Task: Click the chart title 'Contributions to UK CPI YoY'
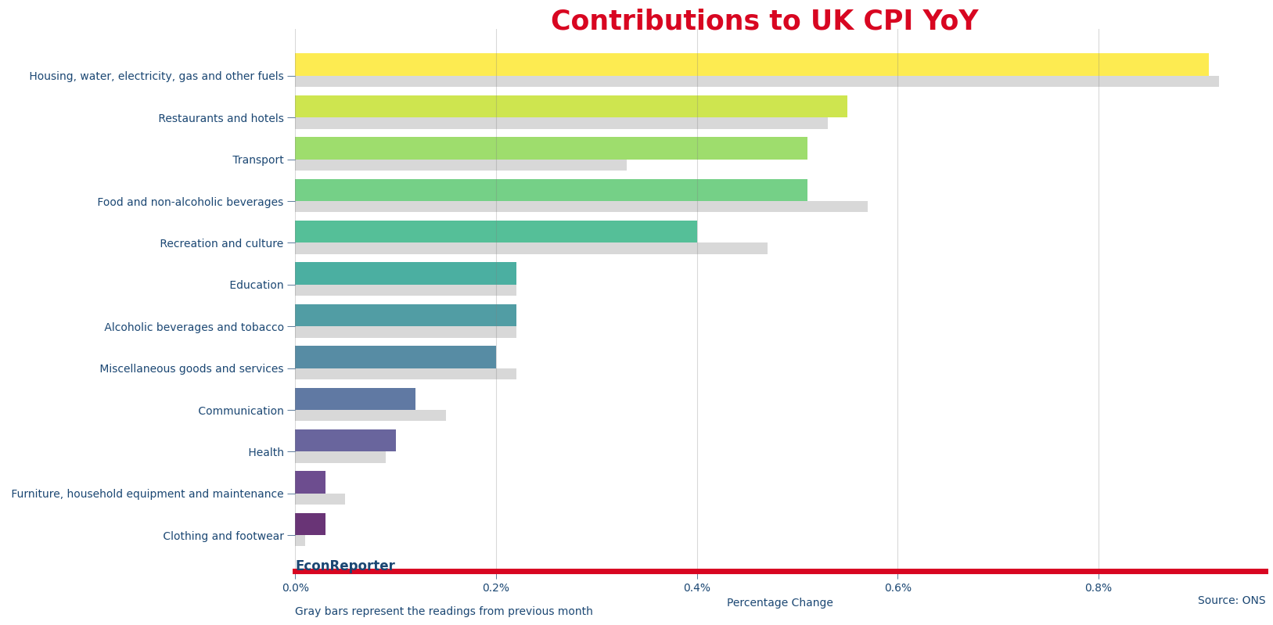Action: point(764,21)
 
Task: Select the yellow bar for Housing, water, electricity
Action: point(751,64)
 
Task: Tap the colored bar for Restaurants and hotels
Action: point(570,106)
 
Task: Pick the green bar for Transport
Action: point(551,148)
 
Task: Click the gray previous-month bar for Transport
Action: point(460,165)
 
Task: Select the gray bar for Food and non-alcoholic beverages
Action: point(581,207)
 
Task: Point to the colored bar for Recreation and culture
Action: point(495,232)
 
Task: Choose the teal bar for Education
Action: point(405,273)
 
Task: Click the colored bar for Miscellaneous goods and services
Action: point(395,357)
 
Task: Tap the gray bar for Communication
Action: point(370,415)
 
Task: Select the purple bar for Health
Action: point(345,440)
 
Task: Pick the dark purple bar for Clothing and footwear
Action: point(310,524)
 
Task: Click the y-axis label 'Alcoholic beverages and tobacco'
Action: point(193,327)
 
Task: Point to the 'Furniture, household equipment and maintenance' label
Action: point(147,494)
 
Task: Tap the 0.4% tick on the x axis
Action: point(696,588)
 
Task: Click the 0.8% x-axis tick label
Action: point(1098,588)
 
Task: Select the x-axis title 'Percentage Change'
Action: point(779,603)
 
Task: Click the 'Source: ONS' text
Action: point(1231,601)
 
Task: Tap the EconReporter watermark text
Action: point(345,566)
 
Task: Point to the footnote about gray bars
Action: point(444,612)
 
